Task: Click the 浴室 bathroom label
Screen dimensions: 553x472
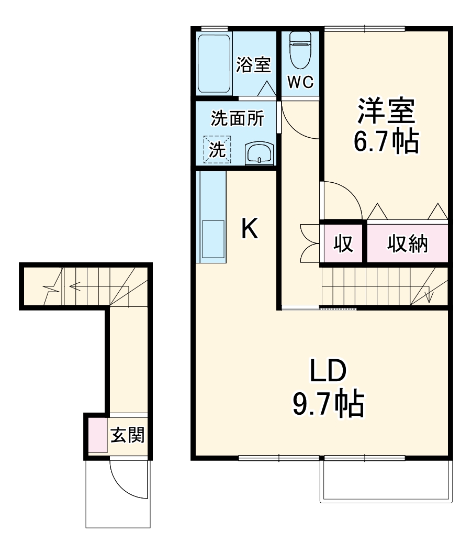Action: click(253, 65)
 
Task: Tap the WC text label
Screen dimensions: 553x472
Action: click(300, 82)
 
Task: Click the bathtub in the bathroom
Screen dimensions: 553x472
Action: click(215, 64)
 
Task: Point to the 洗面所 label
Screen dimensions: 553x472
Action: click(237, 118)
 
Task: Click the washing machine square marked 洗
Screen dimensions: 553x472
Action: click(217, 150)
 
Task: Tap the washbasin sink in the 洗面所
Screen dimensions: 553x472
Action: click(258, 154)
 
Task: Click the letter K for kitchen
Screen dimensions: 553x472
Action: click(250, 229)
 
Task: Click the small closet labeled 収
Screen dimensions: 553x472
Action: click(343, 244)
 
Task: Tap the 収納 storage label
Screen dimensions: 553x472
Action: click(407, 244)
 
